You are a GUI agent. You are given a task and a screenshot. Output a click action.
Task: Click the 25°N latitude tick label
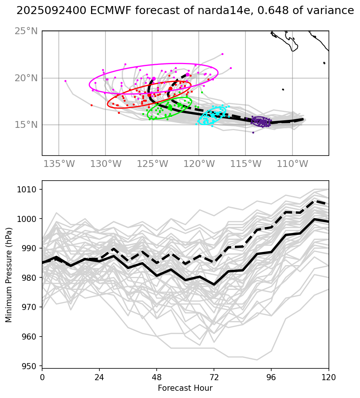(x=26, y=31)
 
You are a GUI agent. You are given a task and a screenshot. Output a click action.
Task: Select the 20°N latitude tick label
(x=26, y=78)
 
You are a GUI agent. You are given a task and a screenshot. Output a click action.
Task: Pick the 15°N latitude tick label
(x=26, y=125)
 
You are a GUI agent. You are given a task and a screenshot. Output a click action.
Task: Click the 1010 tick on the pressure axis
(x=29, y=189)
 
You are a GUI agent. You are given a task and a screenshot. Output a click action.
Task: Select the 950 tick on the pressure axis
(x=31, y=366)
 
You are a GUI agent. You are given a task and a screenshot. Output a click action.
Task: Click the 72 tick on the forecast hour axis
(x=214, y=378)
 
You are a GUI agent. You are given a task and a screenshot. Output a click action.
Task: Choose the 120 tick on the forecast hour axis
(x=329, y=378)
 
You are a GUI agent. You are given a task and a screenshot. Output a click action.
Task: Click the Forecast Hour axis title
(x=185, y=388)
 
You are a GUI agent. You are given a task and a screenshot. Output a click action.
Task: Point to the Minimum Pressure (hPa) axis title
(x=9, y=275)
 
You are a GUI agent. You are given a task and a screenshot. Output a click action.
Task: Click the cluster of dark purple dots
(x=261, y=121)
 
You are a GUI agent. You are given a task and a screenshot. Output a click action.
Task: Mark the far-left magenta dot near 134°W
(x=65, y=81)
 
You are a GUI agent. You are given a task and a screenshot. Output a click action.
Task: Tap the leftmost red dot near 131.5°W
(x=91, y=105)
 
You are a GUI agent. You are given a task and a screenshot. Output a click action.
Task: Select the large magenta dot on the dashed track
(x=187, y=74)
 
